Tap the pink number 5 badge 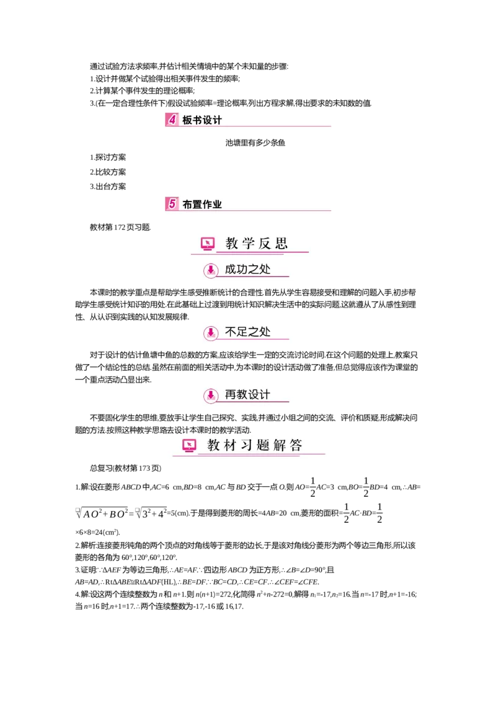172,203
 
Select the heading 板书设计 202,120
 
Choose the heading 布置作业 202,204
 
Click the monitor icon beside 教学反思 208,244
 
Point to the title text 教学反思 257,243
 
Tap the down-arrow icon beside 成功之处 211,270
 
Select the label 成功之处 247,269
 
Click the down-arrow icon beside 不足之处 211,333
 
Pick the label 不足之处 247,332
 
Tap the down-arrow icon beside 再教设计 211,395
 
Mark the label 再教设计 247,394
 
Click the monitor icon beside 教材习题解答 189,445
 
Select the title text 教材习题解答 255,445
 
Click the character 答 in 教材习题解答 295,445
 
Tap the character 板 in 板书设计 187,120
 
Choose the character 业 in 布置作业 217,204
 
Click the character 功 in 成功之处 242,269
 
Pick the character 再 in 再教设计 231,394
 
